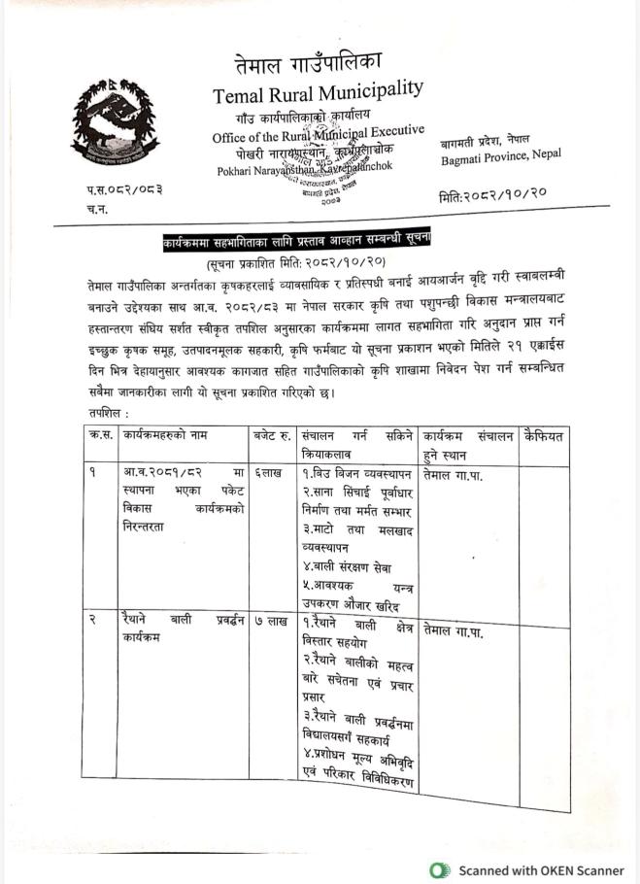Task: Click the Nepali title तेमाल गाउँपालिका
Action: (309, 65)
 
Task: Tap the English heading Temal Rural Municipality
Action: (319, 94)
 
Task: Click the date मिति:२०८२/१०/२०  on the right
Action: (493, 196)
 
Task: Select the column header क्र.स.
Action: (100, 436)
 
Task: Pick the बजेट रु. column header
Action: (273, 436)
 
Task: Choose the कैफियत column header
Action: (544, 436)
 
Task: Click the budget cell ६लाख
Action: (269, 473)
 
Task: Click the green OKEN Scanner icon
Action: (441, 869)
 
